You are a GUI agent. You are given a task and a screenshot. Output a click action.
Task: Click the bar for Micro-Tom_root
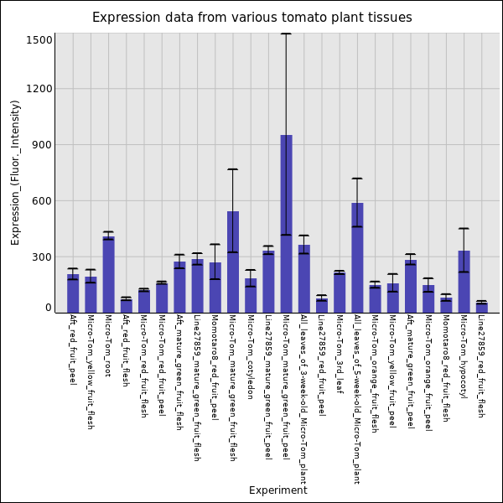click(108, 275)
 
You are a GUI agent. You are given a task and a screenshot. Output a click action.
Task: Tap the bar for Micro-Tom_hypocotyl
click(464, 282)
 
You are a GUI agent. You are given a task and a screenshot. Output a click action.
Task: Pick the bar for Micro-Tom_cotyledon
click(251, 296)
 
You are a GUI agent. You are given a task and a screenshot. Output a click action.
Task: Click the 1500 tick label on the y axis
click(40, 40)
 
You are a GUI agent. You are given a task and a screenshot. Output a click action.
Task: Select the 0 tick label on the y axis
click(49, 309)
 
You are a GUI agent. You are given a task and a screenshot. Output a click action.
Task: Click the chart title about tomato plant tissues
click(251, 18)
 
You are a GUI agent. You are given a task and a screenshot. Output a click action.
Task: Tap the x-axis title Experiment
click(277, 490)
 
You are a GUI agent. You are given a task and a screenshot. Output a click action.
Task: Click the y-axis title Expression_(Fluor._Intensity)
click(15, 172)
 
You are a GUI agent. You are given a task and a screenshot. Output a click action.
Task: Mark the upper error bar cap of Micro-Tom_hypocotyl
click(464, 229)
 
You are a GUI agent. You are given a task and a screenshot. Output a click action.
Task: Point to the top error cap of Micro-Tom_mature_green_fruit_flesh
click(233, 169)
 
